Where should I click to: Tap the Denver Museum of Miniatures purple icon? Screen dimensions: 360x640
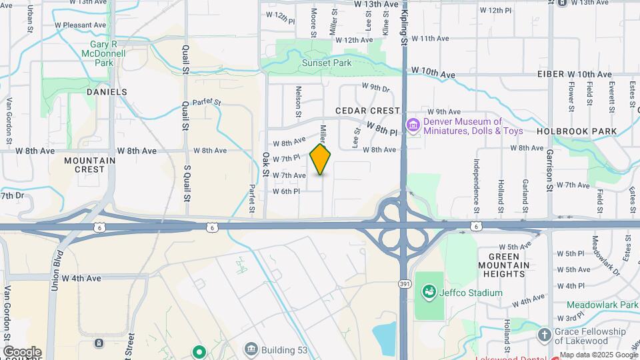413,125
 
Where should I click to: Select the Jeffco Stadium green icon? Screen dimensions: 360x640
429,292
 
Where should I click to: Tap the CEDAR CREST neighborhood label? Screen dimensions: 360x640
368,111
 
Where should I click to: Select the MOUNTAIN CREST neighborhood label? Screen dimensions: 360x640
90,165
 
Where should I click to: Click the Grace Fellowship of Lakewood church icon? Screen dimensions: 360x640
545,334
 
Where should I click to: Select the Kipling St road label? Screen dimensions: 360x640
404,23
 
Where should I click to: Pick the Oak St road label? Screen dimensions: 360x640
265,164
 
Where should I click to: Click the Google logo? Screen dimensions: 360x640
22,352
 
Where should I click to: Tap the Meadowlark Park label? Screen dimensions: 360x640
605,305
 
